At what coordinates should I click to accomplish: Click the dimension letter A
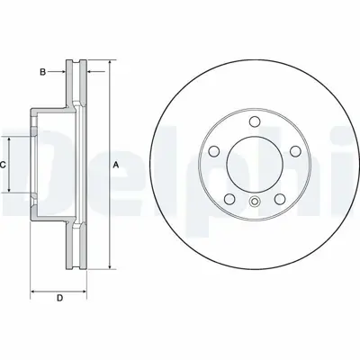click(x=115, y=165)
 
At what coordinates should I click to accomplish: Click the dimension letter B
click(x=42, y=70)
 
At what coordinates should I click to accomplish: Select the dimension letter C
click(x=4, y=165)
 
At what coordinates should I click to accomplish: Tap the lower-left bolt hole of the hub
click(x=229, y=198)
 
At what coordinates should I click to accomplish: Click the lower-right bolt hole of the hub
click(x=281, y=198)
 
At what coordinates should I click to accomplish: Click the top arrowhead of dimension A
click(x=109, y=64)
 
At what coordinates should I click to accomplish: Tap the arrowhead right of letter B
click(x=66, y=70)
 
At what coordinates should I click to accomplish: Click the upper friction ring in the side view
click(x=78, y=85)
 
